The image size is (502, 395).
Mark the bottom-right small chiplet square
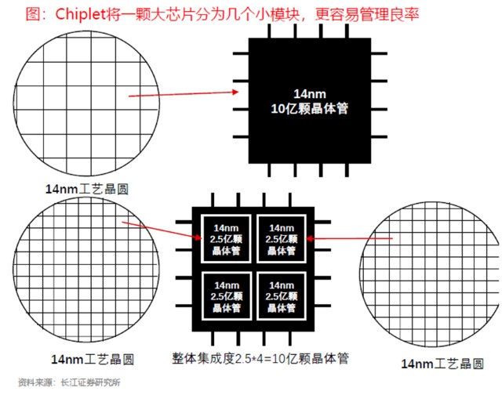point(279,295)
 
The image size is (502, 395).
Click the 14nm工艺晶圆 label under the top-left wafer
point(87,188)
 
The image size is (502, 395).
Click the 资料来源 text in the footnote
point(34,383)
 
